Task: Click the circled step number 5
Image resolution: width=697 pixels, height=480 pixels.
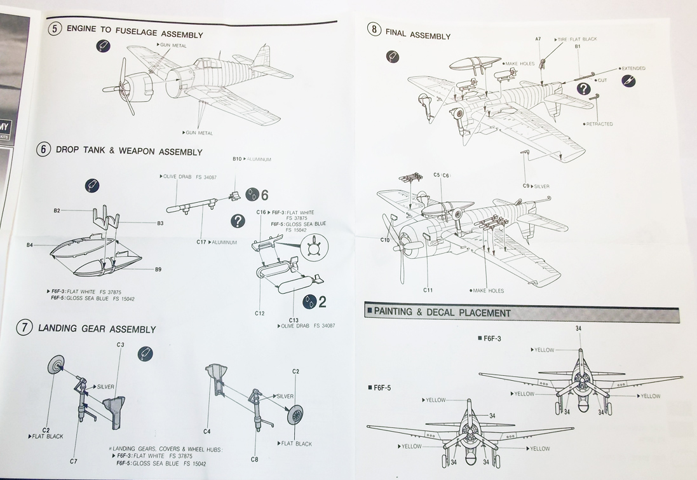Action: [x=55, y=29]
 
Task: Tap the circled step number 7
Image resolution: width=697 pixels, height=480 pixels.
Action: [x=24, y=328]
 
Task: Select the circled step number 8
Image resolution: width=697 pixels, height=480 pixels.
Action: [x=374, y=29]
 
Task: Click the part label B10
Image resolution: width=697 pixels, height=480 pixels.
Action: [x=238, y=159]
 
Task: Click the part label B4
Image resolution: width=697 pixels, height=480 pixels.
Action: [x=30, y=245]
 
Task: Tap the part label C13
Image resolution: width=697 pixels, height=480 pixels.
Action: [x=293, y=320]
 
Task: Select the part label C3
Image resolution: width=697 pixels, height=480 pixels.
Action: [x=120, y=344]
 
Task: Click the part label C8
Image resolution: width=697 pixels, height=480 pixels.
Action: [x=254, y=459]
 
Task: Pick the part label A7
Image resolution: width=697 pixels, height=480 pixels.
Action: [x=538, y=39]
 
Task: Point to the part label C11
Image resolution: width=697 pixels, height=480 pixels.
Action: [x=428, y=290]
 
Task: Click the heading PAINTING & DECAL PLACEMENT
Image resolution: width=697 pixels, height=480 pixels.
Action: [x=442, y=312]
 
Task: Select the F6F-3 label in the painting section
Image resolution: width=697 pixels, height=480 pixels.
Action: [x=492, y=339]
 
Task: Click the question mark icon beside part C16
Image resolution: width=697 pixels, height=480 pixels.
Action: [x=238, y=221]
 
